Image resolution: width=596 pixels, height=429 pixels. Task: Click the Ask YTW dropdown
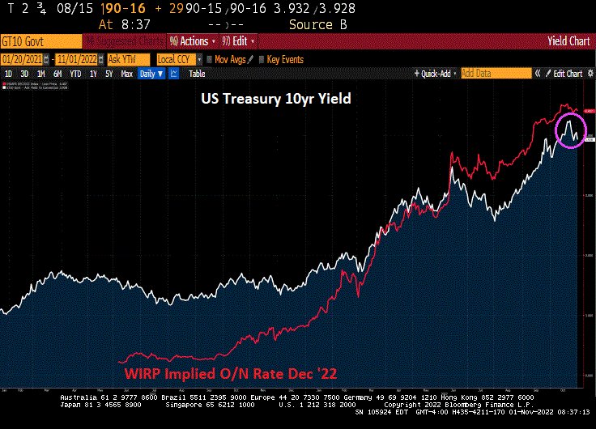[x=129, y=59]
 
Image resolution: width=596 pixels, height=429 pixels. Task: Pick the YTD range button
[x=75, y=74]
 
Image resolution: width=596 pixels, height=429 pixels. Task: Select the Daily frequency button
[x=151, y=74]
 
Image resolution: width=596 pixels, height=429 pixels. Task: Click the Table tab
[x=197, y=74]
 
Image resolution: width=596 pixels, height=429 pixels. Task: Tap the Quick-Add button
[x=436, y=74]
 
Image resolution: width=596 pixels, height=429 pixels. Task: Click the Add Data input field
[x=494, y=74]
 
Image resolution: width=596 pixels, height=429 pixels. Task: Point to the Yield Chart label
[x=568, y=41]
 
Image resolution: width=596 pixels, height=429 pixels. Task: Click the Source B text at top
[x=311, y=24]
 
